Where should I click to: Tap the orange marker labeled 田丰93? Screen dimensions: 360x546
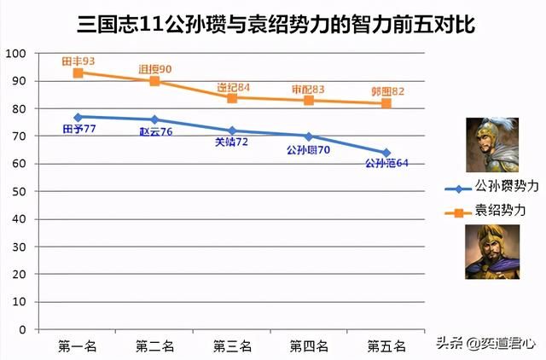(78, 73)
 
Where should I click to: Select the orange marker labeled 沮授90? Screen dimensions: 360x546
(154, 81)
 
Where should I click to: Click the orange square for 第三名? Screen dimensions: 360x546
(232, 97)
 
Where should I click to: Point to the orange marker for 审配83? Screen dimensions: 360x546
(309, 100)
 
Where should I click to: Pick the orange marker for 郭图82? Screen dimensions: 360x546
(386, 103)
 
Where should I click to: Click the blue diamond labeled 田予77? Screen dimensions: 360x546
(78, 117)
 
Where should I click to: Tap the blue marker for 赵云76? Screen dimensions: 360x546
(154, 119)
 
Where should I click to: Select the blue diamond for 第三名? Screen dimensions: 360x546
(232, 131)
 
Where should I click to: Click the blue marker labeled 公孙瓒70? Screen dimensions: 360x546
(309, 136)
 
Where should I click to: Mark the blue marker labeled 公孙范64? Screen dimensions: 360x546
(386, 153)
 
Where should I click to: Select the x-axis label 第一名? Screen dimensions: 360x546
(78, 346)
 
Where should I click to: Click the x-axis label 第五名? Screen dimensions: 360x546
(386, 346)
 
